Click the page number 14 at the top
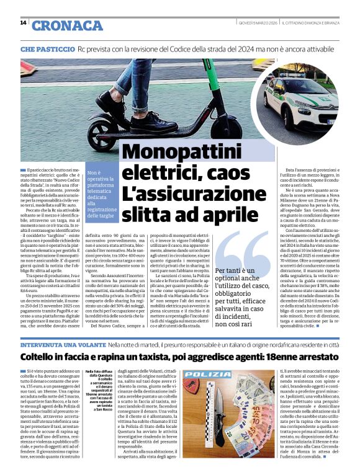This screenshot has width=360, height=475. (x=23, y=23)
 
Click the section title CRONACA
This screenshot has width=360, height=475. (x=67, y=25)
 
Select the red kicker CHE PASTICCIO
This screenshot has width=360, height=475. (x=47, y=48)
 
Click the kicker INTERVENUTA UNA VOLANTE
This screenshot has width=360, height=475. (x=62, y=344)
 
